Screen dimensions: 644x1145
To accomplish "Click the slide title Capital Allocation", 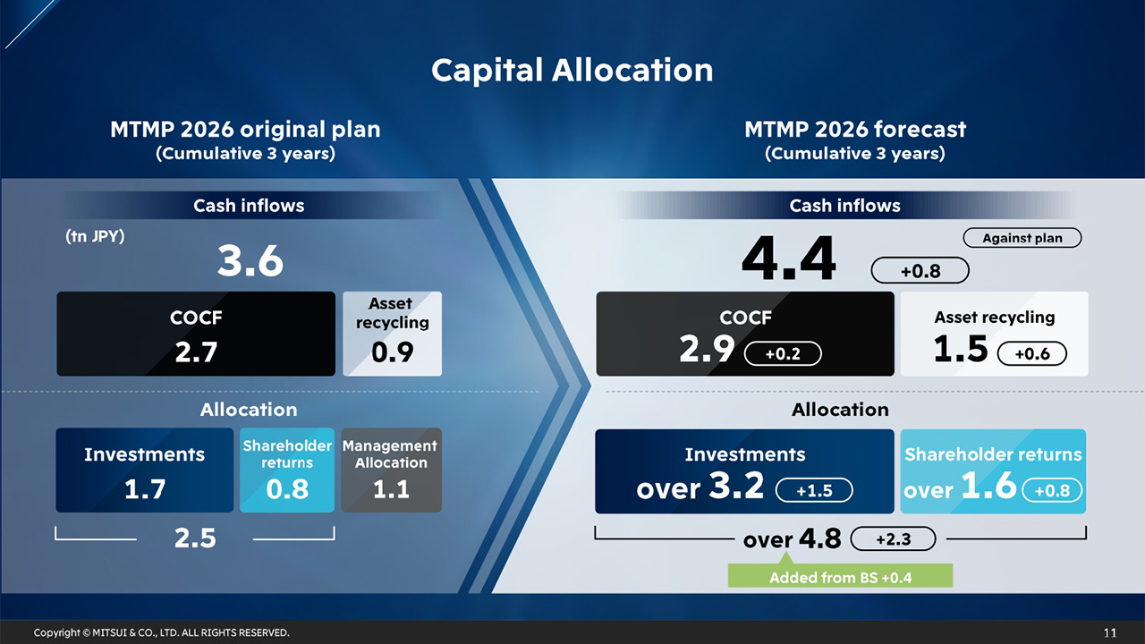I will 572,70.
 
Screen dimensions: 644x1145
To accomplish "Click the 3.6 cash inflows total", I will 250,262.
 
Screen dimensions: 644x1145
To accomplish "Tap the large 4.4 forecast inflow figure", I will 788,258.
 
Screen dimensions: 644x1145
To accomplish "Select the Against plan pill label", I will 1022,238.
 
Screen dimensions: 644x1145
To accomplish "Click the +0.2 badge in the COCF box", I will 783,354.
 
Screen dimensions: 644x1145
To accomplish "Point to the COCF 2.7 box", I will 196,334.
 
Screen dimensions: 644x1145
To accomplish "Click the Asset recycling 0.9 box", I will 392,334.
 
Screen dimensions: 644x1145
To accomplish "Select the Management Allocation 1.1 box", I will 391,470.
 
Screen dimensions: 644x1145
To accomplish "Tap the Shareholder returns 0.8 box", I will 287,470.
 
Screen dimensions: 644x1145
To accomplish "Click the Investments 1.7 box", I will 144,470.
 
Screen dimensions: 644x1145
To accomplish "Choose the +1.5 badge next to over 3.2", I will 813,490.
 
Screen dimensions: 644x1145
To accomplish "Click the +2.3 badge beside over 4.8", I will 892,539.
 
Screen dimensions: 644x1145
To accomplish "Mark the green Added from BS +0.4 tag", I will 840,577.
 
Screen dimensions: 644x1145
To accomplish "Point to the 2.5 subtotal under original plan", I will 195,538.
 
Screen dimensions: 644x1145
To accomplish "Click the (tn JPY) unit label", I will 95,238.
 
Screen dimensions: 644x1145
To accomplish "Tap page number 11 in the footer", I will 1109,632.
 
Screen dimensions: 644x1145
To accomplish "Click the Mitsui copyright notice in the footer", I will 161,632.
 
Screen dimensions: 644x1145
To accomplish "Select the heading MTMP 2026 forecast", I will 854,130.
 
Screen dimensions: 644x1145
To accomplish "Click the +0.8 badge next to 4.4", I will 920,271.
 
